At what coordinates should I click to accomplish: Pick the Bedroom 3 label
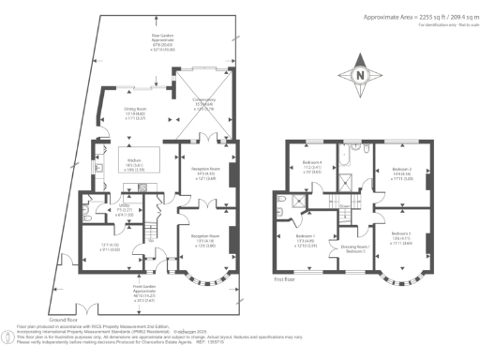click(401, 239)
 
